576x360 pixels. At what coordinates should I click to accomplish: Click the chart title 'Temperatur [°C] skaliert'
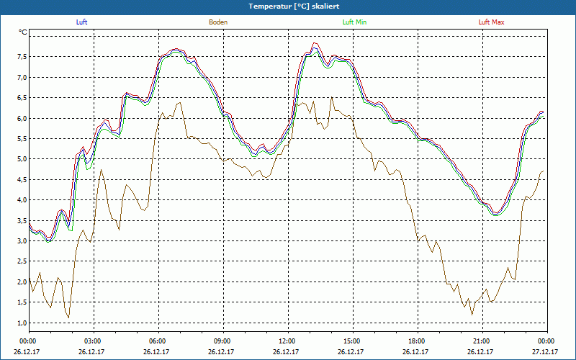(288, 6)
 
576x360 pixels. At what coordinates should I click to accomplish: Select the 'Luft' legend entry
(81, 22)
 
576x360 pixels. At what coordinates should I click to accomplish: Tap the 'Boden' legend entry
(218, 22)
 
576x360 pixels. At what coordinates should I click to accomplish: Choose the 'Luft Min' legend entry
(355, 22)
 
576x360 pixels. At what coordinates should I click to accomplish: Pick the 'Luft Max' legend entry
(492, 22)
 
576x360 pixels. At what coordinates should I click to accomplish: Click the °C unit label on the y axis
(22, 32)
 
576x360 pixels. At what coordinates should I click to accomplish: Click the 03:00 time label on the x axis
(93, 341)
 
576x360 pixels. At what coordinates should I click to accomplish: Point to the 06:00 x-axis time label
(158, 341)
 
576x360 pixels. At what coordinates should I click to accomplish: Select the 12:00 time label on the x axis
(287, 341)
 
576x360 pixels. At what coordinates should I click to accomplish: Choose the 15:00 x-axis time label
(351, 341)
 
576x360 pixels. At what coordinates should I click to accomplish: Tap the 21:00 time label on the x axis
(481, 341)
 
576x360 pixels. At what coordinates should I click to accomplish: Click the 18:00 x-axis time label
(416, 341)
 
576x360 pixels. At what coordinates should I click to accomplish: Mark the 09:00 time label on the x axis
(222, 341)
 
